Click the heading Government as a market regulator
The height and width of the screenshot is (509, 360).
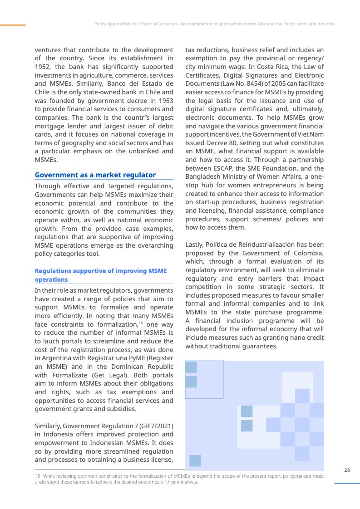(x=95, y=175)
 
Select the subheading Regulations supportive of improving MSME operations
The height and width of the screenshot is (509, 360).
(x=101, y=275)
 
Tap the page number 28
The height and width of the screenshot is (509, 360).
(x=347, y=470)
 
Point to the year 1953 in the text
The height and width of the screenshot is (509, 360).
(x=164, y=100)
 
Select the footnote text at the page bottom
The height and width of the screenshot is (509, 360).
(x=179, y=479)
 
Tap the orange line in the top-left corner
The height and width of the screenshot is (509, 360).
(x=13, y=25)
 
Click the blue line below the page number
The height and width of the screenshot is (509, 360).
(x=347, y=483)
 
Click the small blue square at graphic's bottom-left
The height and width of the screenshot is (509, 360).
(x=195, y=460)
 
